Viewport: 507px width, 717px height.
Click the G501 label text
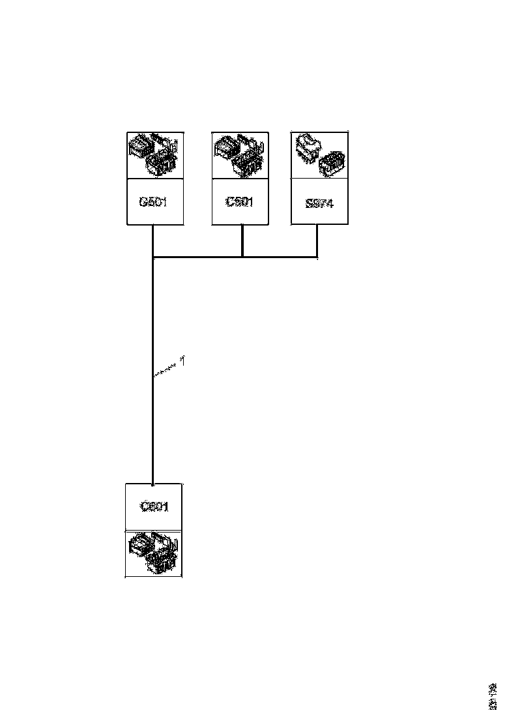(153, 201)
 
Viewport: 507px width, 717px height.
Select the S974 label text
(319, 203)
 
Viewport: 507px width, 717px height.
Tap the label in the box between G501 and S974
(239, 201)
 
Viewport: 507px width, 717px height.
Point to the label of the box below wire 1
(154, 506)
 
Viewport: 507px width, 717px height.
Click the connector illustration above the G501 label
(154, 154)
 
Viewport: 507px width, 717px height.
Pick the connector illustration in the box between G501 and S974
(239, 154)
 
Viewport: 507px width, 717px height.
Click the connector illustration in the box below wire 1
(154, 553)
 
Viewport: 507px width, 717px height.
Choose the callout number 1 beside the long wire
(184, 360)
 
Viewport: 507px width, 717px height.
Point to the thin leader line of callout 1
(166, 370)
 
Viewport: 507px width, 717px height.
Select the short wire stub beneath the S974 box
(317, 241)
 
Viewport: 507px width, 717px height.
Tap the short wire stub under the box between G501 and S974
(242, 241)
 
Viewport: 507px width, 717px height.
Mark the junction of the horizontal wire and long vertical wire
(152, 257)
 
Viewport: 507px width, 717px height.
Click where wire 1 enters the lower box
(152, 484)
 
